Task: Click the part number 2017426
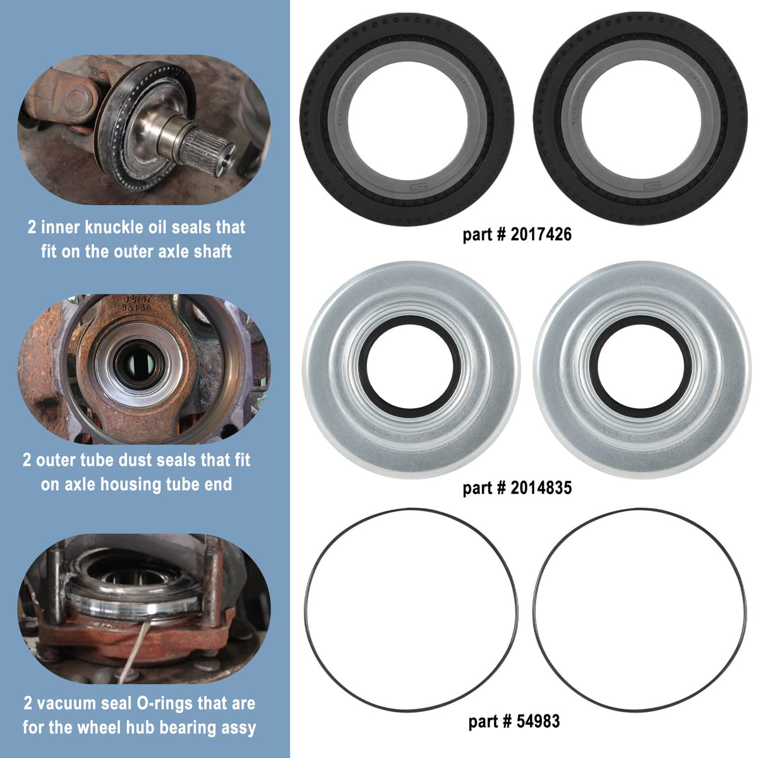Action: pyautogui.click(x=541, y=234)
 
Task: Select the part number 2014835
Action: pyautogui.click(x=541, y=488)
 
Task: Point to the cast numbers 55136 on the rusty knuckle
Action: pyautogui.click(x=136, y=307)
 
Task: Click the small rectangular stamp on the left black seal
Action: pyautogui.click(x=419, y=187)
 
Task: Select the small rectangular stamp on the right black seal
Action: pyautogui.click(x=652, y=185)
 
